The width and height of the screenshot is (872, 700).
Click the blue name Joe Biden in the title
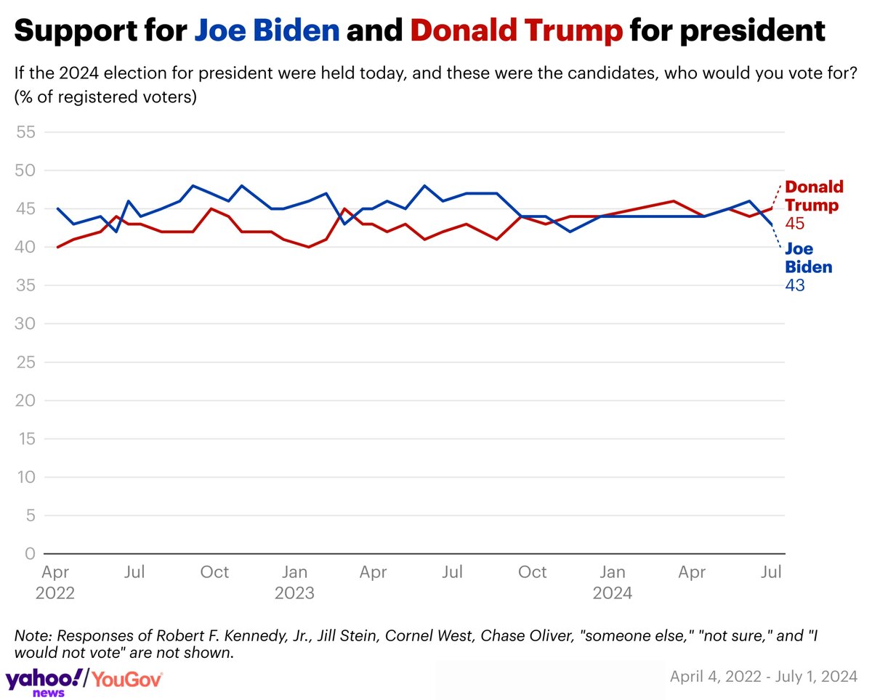pos(267,30)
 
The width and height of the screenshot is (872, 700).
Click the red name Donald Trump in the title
pos(516,30)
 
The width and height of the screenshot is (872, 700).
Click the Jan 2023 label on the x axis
pos(294,582)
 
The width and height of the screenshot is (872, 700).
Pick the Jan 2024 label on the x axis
pos(613,582)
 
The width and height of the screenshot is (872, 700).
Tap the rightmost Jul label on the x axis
pos(771,572)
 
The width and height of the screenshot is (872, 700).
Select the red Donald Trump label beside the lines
pos(814,196)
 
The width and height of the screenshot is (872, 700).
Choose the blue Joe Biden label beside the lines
pos(809,258)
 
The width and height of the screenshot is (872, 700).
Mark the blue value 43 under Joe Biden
pos(795,285)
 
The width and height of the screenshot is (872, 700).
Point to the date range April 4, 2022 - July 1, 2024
pos(763,677)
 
